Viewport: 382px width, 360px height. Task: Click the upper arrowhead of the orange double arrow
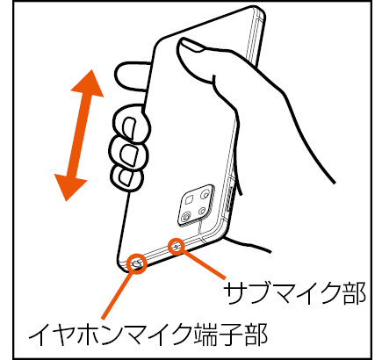coord(89,84)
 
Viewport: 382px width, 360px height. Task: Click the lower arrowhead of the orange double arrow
coord(69,187)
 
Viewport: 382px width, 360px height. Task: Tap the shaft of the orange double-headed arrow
coord(79,135)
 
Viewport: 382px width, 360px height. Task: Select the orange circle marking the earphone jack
coord(137,264)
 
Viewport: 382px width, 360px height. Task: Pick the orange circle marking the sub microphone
coord(177,247)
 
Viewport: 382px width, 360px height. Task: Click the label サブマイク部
coord(295,293)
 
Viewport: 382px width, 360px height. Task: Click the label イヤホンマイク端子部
coord(148,334)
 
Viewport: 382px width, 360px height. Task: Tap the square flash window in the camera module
coord(190,200)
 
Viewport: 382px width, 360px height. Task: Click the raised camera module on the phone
coord(197,205)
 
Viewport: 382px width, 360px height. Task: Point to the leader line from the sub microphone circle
coord(205,264)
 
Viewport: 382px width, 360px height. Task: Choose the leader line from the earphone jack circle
coord(118,296)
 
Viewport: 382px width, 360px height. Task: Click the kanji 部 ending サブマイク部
coord(354,293)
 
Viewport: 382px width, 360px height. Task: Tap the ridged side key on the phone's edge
coord(230,199)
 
